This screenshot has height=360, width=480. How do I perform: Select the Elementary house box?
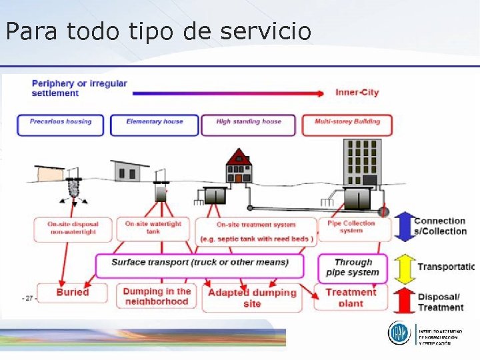[154, 125]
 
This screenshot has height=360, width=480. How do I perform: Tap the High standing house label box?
[249, 125]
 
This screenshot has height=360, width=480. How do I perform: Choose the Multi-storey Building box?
[347, 125]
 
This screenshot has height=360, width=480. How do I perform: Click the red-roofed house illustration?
[239, 167]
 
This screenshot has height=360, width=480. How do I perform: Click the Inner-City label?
[357, 93]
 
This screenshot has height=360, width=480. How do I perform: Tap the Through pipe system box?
[352, 267]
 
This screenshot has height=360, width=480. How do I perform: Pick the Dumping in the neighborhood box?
[157, 297]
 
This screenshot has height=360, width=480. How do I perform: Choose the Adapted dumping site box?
[252, 298]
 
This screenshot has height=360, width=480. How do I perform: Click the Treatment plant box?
[351, 297]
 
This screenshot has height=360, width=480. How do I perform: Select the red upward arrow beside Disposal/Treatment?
[401, 301]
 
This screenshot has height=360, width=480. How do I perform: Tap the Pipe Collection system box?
[351, 227]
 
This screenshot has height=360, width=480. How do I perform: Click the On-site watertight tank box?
[153, 227]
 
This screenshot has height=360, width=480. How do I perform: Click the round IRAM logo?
[401, 333]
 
